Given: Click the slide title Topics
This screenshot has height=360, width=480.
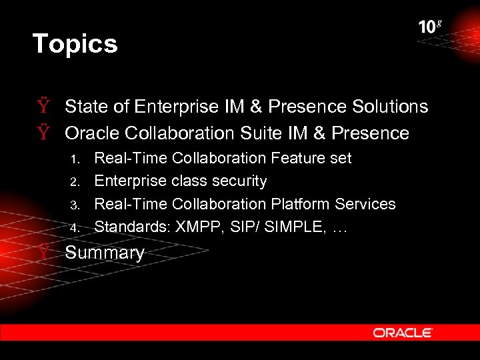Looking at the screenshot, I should (75, 44).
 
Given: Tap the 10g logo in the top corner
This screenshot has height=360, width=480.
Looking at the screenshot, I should (430, 27).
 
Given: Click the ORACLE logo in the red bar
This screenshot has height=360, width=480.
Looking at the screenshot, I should (403, 333).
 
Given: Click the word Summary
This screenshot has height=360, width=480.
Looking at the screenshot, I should (105, 253).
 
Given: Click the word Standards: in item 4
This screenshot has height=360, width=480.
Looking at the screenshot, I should (132, 227).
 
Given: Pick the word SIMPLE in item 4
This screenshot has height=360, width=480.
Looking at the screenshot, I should (290, 227).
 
